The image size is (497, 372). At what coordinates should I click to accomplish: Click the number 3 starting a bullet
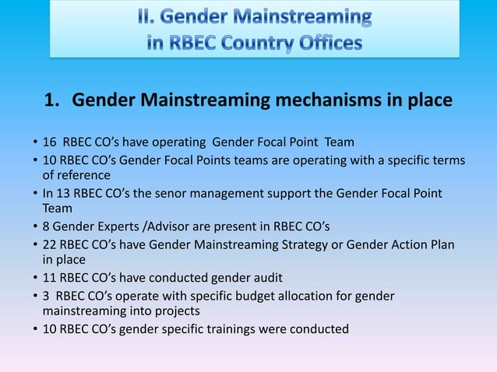[x=46, y=296]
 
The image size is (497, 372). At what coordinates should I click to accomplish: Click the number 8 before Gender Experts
[x=46, y=226]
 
